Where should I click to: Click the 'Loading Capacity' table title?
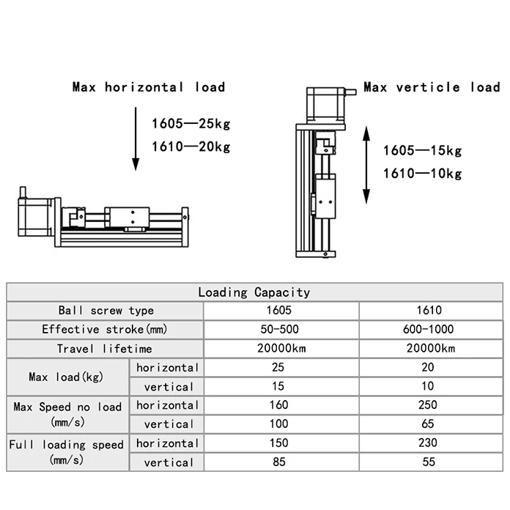[254, 292]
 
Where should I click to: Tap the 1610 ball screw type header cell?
[429, 311]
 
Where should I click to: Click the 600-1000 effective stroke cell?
[429, 330]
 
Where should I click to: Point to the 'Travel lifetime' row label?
[105, 349]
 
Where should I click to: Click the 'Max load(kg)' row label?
[67, 377]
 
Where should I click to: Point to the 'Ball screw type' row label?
[105, 311]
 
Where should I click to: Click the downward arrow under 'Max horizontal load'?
[136, 139]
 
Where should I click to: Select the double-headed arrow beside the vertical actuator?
[368, 164]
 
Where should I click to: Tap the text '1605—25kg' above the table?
[191, 123]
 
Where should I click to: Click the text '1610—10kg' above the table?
[423, 174]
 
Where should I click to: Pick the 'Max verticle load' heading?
[432, 87]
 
